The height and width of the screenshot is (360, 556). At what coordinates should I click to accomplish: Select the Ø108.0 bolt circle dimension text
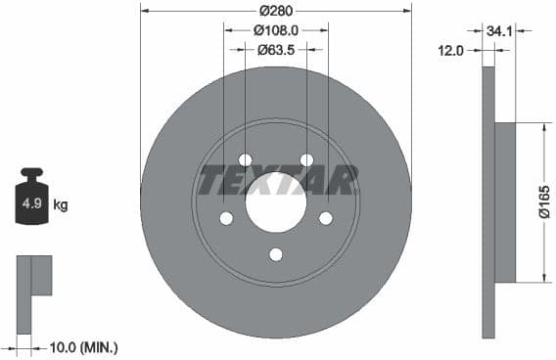[276, 29]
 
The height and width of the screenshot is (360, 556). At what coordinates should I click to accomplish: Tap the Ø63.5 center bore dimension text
[276, 48]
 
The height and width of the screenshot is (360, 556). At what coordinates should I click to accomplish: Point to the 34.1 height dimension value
[499, 31]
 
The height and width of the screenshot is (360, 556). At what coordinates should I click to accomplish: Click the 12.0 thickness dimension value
[450, 51]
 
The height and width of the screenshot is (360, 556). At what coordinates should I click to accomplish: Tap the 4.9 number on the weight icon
[30, 204]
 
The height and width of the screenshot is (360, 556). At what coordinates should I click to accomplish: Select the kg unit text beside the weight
[61, 205]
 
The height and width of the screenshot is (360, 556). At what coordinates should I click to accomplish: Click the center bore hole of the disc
[276, 209]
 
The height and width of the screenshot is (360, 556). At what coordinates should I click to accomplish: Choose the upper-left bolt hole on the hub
[245, 160]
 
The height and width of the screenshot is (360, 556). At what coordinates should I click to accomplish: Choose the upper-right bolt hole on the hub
[306, 160]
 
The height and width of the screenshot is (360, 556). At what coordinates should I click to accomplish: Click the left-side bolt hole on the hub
[226, 218]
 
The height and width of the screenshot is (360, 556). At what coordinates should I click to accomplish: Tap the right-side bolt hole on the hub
[326, 218]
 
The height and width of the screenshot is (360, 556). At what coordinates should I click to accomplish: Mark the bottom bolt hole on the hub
[276, 254]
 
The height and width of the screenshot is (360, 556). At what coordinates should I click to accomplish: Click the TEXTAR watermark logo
[277, 180]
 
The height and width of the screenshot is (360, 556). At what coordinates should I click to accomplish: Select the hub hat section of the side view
[505, 202]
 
